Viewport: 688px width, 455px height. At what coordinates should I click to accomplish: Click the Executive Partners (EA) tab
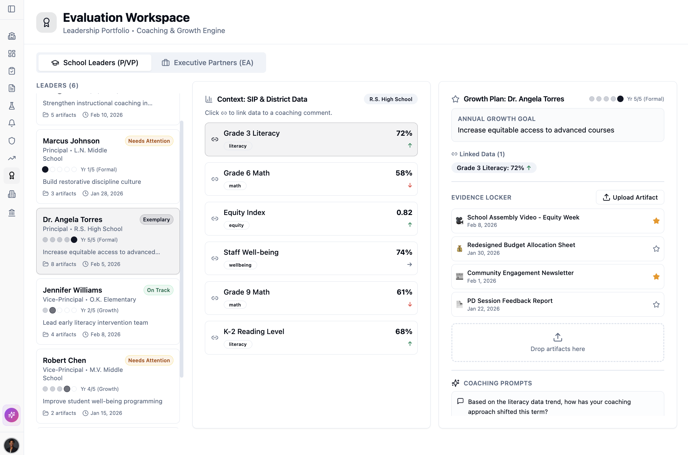click(208, 63)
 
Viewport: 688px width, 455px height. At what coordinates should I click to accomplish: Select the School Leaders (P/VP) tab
click(95, 63)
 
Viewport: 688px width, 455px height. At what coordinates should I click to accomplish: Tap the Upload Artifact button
click(630, 197)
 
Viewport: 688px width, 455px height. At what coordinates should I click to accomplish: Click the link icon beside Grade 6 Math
click(215, 179)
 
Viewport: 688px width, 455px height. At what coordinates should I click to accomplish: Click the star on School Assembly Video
click(656, 221)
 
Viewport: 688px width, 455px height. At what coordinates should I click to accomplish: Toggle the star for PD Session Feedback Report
click(656, 305)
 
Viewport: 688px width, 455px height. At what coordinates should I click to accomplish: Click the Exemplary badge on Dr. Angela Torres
click(156, 219)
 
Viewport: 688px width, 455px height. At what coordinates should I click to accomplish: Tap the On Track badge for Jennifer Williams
click(158, 290)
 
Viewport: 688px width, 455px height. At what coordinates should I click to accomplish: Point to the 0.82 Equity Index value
click(404, 212)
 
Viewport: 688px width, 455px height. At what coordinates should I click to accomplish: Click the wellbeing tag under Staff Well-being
click(240, 265)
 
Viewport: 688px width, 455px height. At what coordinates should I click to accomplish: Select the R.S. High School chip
click(390, 99)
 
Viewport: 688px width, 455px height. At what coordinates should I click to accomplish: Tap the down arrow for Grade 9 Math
click(410, 305)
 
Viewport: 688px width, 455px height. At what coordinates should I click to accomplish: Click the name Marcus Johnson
click(71, 141)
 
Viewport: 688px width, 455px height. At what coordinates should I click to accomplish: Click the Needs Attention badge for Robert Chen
click(149, 360)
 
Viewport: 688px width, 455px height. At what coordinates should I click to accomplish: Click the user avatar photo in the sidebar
click(12, 445)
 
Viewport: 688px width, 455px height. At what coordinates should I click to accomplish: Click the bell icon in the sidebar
click(12, 123)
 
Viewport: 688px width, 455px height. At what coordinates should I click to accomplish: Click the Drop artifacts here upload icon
click(558, 337)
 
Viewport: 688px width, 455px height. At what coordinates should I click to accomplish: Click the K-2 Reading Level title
click(254, 331)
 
